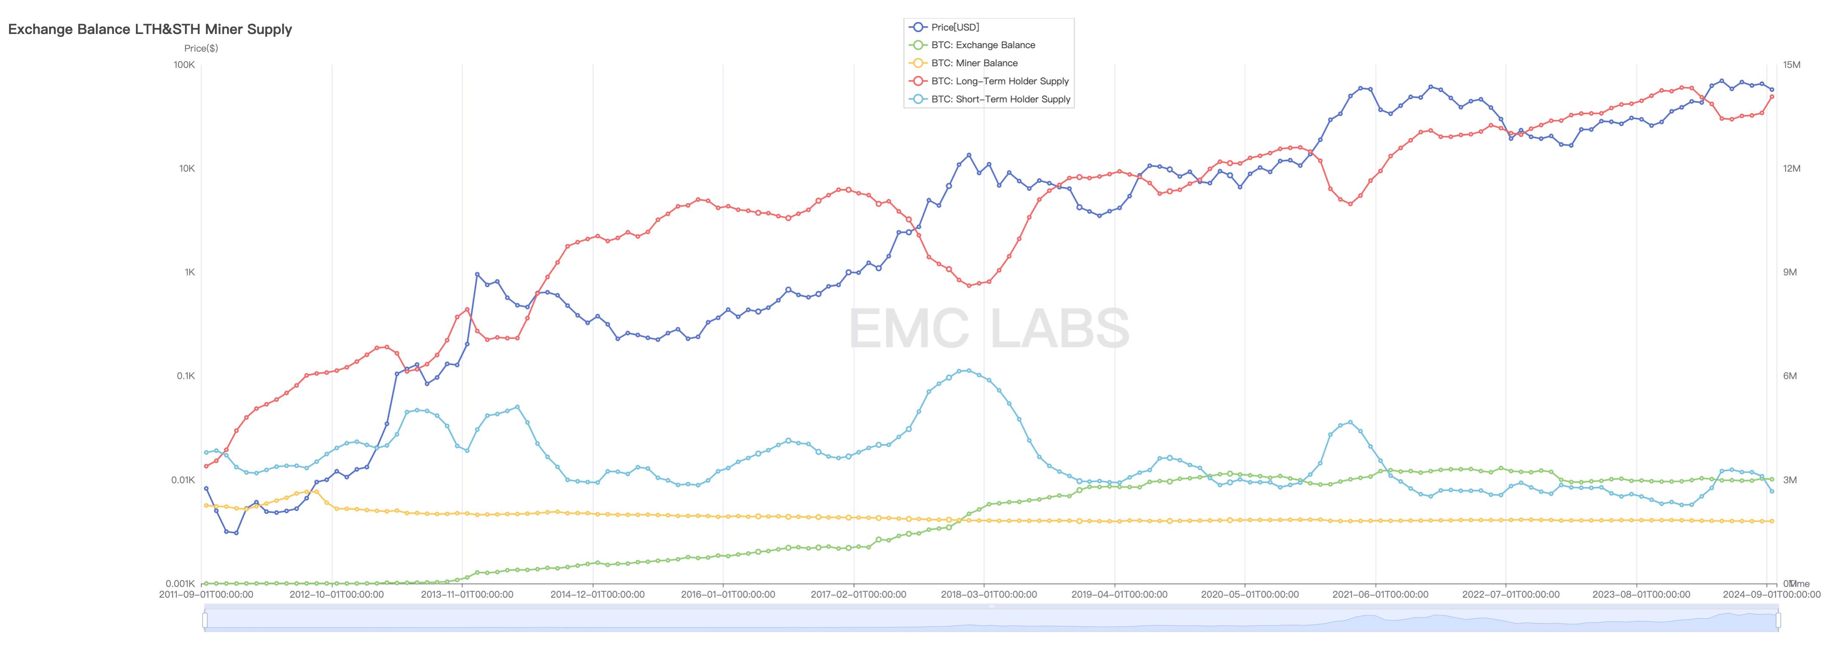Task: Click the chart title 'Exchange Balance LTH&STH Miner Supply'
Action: point(150,29)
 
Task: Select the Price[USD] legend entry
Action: point(955,27)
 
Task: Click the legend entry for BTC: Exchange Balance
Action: point(983,45)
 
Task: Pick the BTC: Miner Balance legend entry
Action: point(974,63)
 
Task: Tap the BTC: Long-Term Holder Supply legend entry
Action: point(999,81)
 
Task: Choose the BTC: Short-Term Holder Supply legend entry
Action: point(1000,99)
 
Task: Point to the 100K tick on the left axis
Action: point(184,65)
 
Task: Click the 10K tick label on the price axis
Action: point(187,169)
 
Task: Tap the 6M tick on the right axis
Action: point(1789,376)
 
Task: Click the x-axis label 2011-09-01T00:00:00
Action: point(206,594)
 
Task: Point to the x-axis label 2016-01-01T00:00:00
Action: point(727,594)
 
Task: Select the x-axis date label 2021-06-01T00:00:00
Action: point(1380,594)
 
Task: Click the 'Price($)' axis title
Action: point(201,49)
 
